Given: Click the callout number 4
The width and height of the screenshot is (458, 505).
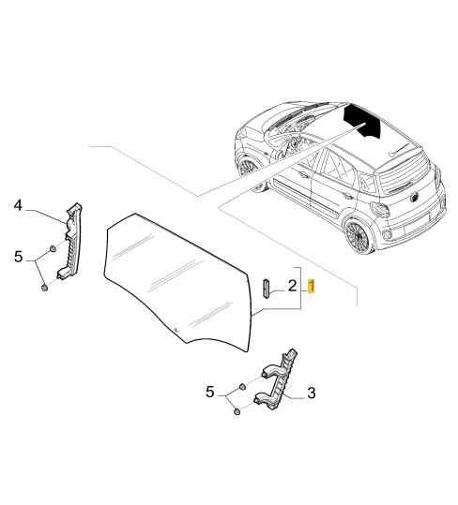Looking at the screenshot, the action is tap(19, 205).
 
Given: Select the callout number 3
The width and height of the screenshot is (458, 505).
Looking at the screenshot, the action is tap(312, 393).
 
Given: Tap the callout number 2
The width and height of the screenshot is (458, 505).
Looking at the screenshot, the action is tap(292, 286).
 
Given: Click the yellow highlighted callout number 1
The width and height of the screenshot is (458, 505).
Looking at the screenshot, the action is tap(312, 287).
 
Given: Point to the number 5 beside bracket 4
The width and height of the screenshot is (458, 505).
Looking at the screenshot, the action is tap(19, 257).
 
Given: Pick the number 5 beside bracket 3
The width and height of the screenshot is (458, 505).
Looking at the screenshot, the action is tap(210, 393).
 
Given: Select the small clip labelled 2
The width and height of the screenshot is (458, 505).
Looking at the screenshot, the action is tap(267, 289).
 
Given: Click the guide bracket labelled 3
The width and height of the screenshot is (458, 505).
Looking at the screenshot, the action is tap(278, 381).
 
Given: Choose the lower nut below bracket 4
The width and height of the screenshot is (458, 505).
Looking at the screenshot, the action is tap(44, 288).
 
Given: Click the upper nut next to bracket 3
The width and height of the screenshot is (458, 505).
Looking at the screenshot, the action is tap(241, 386).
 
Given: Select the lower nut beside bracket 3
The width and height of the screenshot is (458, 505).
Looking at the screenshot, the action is tap(237, 411).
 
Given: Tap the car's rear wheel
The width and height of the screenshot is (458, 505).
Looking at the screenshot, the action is tap(359, 236).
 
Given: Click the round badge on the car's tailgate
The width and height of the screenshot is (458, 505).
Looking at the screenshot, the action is tap(413, 199).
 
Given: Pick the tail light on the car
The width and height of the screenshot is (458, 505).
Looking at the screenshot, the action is tap(380, 210).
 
